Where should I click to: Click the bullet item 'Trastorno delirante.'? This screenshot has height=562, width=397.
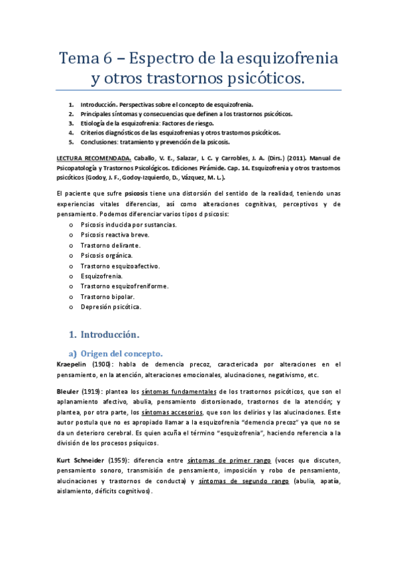tap(110, 245)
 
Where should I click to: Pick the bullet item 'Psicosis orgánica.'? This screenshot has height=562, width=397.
tap(107, 255)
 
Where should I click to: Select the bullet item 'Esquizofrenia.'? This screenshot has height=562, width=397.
tap(101, 276)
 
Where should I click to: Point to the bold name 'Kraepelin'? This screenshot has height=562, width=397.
tap(69, 365)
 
